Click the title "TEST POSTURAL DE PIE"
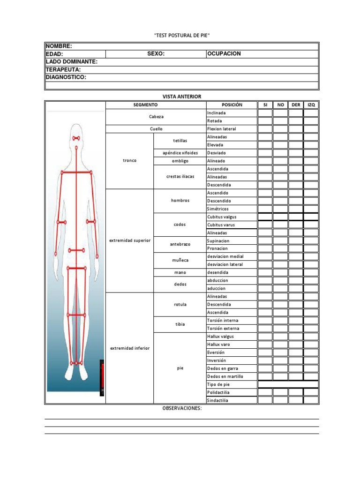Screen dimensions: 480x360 [x=180, y=36]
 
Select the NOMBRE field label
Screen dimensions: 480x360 [x=59, y=46]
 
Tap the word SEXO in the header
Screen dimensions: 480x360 [x=156, y=54]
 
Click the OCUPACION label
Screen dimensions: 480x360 [x=224, y=54]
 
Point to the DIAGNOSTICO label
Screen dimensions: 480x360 [x=66, y=77]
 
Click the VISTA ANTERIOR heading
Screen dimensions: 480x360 [x=181, y=97]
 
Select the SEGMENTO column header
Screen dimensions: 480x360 [x=145, y=105]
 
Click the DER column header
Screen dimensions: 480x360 [x=296, y=105]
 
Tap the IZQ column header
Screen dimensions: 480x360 [x=311, y=105]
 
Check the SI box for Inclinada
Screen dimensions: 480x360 [x=265, y=113]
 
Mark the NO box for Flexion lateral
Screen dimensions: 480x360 [x=280, y=129]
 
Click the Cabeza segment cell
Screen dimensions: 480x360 [x=156, y=117]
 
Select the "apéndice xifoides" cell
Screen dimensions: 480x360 [x=180, y=153]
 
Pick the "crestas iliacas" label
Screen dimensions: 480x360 [x=180, y=177]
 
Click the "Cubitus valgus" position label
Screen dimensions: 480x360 [x=221, y=217]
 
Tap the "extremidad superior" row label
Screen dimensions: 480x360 [x=129, y=240]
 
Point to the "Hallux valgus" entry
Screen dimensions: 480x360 [x=220, y=337]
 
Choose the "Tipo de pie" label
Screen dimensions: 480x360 [x=218, y=384]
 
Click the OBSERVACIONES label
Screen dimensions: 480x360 [x=182, y=408]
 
